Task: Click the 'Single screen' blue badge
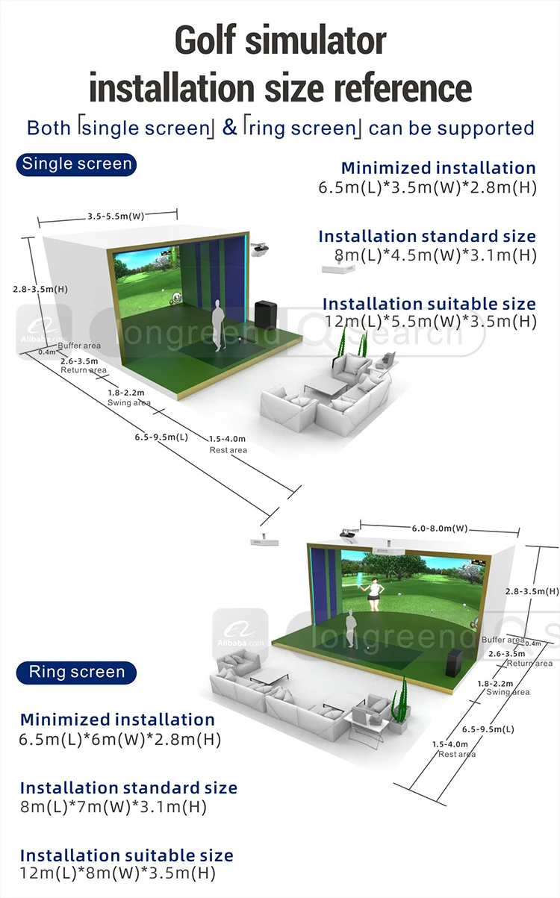tap(76, 164)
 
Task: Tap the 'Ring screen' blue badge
tap(76, 672)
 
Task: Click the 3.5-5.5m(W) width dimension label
tap(115, 216)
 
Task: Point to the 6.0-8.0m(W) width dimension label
tap(440, 528)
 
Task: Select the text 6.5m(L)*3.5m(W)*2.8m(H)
tap(427, 187)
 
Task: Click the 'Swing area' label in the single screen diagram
tap(128, 402)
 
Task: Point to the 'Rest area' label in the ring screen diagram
tap(457, 755)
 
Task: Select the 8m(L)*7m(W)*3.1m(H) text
tap(113, 807)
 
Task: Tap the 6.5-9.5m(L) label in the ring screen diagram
tap(488, 729)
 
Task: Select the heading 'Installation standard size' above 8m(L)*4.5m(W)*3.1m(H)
tap(427, 237)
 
